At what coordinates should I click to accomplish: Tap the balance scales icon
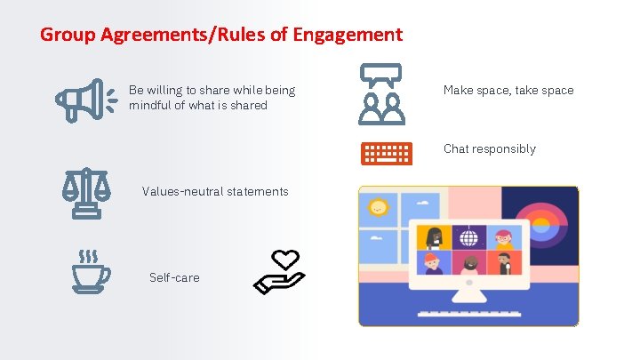(x=86, y=192)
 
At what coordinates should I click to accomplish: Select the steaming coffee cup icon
(x=91, y=271)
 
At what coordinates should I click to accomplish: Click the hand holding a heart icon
(x=279, y=271)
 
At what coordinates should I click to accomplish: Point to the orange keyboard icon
(x=386, y=153)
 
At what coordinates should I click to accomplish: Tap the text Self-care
(x=174, y=277)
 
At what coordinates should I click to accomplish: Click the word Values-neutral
(x=182, y=191)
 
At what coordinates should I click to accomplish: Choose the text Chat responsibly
(x=489, y=148)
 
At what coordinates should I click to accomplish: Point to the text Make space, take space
(x=508, y=90)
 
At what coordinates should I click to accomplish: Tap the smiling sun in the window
(x=380, y=208)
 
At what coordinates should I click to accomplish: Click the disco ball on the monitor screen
(x=468, y=237)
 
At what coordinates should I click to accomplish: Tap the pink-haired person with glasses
(x=503, y=238)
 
